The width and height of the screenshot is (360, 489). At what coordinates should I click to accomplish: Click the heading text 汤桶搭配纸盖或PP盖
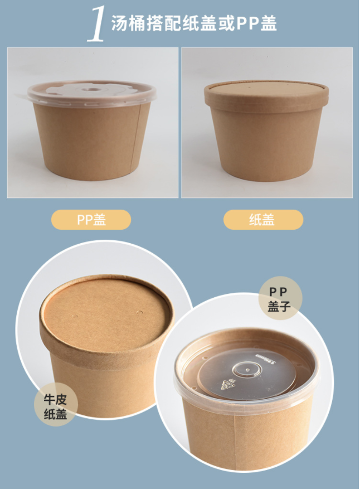(x=194, y=23)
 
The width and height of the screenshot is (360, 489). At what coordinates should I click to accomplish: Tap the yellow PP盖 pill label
(x=91, y=220)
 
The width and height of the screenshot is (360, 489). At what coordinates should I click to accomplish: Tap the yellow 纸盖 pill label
(x=263, y=220)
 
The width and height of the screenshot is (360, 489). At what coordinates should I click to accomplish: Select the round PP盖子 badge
(x=280, y=298)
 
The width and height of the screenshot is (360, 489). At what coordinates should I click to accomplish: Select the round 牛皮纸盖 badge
(x=56, y=404)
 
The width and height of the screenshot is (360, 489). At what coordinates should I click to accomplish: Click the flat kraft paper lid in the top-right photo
(x=266, y=92)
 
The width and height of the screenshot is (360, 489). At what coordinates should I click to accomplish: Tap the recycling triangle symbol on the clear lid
(x=226, y=385)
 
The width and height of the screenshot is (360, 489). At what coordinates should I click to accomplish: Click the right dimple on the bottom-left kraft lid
(x=139, y=312)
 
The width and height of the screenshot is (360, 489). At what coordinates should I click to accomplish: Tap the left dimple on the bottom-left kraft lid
(x=75, y=317)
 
